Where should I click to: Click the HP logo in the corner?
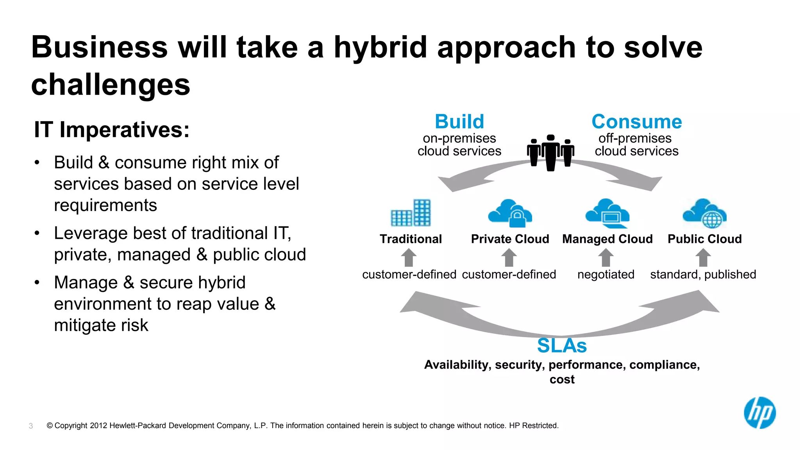click(760, 413)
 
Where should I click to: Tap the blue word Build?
click(459, 121)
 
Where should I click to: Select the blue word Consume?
click(637, 121)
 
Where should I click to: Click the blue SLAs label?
click(562, 346)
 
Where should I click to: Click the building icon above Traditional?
click(411, 213)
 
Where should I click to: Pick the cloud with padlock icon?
click(510, 213)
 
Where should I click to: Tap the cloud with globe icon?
click(705, 213)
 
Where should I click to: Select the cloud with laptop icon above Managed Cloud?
click(607, 213)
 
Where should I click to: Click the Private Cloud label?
click(510, 239)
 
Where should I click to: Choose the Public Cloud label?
click(704, 239)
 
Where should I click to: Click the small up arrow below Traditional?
click(409, 258)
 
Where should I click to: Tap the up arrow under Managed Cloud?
click(606, 258)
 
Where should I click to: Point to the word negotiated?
click(605, 275)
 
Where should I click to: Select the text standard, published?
click(703, 275)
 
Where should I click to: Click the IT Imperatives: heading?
click(112, 130)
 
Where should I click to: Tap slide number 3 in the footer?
click(31, 426)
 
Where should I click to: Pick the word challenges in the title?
click(111, 85)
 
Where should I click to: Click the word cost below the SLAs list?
click(562, 379)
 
